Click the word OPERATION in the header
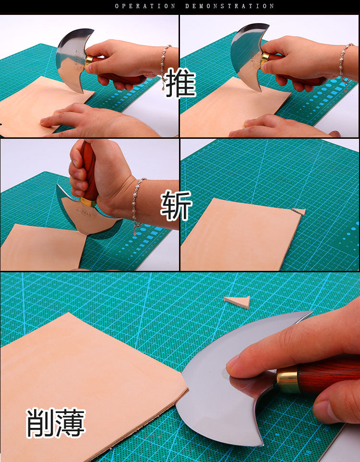(x=145, y=6)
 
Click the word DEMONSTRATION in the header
(x=229, y=6)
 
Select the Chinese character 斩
(x=176, y=206)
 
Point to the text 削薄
(x=56, y=423)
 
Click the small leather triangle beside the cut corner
(x=299, y=211)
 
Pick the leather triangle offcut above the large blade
(x=238, y=302)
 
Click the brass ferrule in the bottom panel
(x=288, y=378)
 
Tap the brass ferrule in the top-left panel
(x=89, y=62)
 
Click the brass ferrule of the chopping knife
(x=88, y=202)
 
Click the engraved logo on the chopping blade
(x=86, y=213)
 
